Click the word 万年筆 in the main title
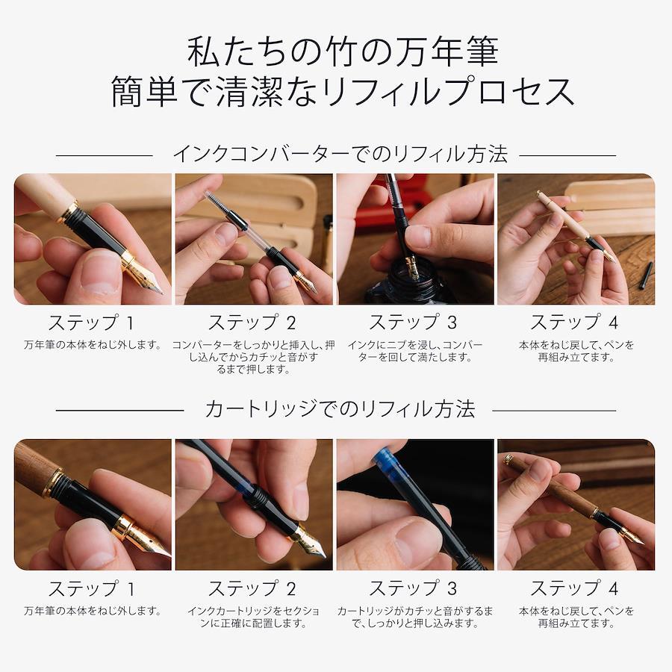[x=447, y=52]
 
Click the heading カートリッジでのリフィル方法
[x=340, y=409]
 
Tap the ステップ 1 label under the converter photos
[x=92, y=323]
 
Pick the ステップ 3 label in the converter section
[x=414, y=323]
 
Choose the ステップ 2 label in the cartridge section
[x=252, y=588]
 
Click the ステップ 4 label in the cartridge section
[x=575, y=588]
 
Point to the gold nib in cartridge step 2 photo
[x=308, y=542]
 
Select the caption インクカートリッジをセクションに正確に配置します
[x=253, y=617]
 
